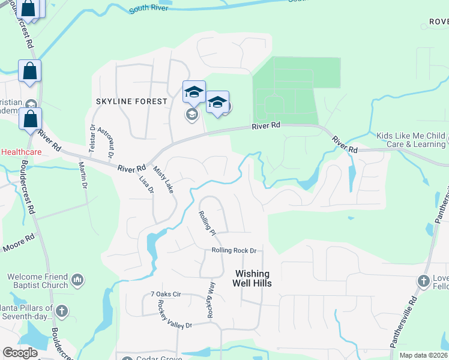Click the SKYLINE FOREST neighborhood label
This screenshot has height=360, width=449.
click(x=131, y=101)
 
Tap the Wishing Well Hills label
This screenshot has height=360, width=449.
click(x=253, y=278)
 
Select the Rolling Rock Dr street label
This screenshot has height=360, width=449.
click(x=234, y=251)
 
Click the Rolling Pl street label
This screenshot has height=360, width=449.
click(x=207, y=222)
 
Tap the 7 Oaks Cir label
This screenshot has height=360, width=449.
click(x=166, y=295)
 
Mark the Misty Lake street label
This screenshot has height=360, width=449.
click(x=163, y=179)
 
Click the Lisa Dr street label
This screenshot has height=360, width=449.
click(x=146, y=184)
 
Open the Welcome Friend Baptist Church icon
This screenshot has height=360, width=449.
click(x=77, y=280)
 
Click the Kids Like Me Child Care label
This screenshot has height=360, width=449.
click(x=411, y=140)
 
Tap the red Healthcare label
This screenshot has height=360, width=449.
click(x=20, y=152)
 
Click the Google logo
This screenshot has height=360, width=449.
click(x=20, y=353)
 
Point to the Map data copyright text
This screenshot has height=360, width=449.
click(x=423, y=355)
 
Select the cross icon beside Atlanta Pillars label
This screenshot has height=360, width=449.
click(x=62, y=311)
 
